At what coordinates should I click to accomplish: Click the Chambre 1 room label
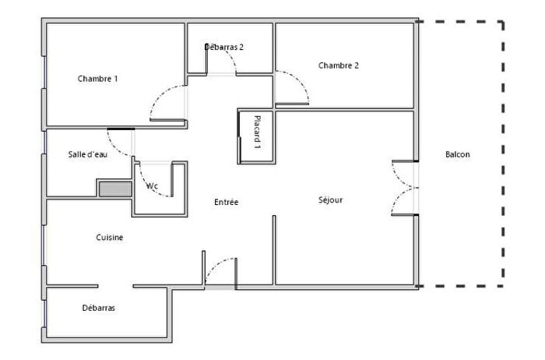point(97,79)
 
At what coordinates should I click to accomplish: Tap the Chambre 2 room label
point(339,65)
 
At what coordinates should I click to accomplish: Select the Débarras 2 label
point(224,47)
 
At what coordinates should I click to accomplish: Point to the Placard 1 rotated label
point(257,133)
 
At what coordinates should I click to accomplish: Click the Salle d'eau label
point(88,154)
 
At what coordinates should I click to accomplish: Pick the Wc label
point(152,186)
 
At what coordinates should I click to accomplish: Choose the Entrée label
point(226,203)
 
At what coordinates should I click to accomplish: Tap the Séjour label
point(330,199)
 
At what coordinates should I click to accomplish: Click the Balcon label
point(457,154)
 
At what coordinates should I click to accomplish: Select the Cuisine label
point(110,238)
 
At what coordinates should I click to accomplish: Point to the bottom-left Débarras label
point(98,308)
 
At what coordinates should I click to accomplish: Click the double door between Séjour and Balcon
point(405,188)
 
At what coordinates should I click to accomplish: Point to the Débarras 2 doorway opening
point(221,74)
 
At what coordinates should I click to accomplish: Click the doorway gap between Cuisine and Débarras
point(115,286)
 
